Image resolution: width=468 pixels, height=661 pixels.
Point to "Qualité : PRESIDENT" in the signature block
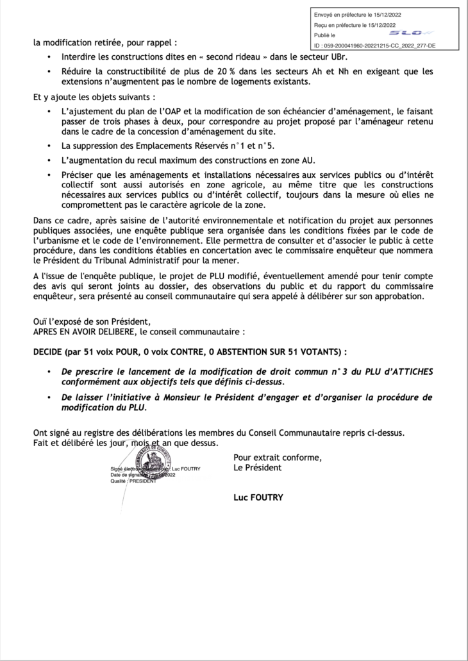(132, 481)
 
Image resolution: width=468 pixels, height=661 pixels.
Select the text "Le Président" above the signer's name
(258, 467)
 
